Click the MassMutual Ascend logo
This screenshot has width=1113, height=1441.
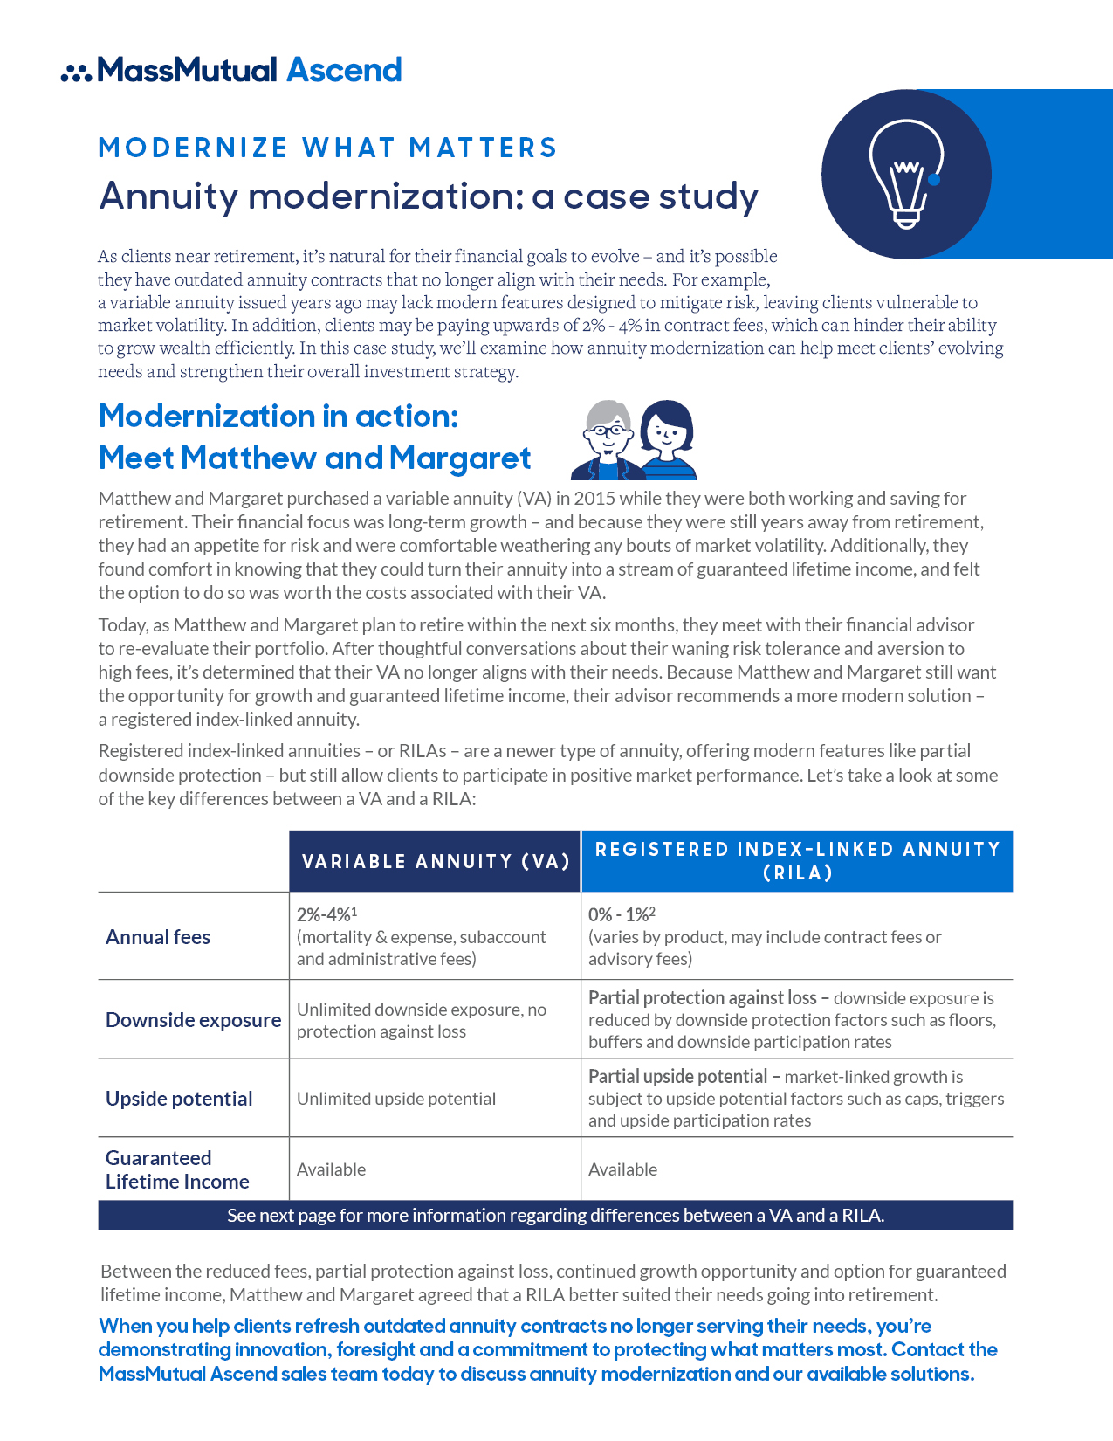232,70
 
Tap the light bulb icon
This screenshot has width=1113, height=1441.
906,174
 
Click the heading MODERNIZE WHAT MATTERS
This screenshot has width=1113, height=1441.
327,148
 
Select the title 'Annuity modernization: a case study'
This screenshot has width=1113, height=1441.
429,196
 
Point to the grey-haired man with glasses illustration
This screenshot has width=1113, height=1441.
607,441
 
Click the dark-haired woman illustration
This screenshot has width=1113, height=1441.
667,440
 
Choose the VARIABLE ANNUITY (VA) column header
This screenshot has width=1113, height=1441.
436,862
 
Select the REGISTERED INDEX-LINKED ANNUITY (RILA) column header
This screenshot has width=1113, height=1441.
797,861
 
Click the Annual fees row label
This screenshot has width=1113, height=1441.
158,937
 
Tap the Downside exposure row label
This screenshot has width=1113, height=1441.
193,1020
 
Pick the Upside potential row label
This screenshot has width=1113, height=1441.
179,1099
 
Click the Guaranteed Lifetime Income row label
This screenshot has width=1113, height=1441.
177,1169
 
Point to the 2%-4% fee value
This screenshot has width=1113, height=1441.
324,914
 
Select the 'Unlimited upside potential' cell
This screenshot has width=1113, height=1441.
396,1099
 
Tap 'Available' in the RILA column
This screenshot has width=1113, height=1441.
622,1169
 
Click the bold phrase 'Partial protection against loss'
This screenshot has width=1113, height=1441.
702,997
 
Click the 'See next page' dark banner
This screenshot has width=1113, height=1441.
555,1215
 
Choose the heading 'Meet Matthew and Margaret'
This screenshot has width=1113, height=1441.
314,458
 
